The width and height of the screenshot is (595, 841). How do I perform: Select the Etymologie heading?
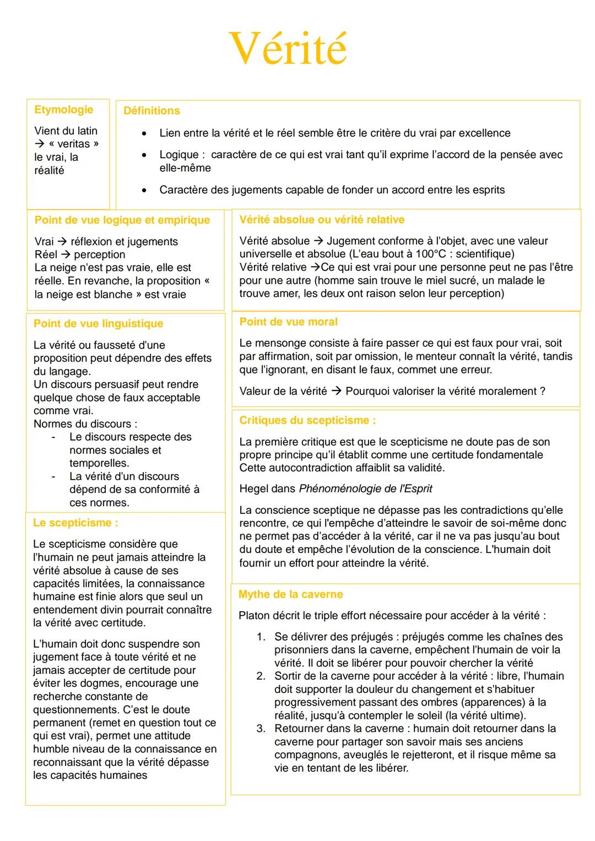(63, 110)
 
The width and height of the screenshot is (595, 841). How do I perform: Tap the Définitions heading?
(152, 111)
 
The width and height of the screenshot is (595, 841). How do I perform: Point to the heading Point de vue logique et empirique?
(122, 220)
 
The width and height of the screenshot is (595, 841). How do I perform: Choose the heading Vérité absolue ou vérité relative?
(322, 220)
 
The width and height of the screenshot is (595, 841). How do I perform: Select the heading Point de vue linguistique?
(98, 324)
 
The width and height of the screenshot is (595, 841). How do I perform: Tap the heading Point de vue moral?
(288, 322)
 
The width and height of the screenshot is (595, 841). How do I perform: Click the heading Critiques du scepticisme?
(307, 421)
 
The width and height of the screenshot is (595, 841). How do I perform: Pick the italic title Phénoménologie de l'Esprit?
(365, 489)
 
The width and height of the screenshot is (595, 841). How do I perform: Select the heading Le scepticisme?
(75, 523)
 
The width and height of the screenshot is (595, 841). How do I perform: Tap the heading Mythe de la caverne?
(290, 595)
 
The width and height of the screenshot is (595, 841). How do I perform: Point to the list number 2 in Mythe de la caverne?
(261, 676)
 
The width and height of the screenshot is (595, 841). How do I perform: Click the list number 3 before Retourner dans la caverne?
(261, 729)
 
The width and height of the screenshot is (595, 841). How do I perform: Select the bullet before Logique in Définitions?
(144, 155)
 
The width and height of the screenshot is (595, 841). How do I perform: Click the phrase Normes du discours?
(85, 424)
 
